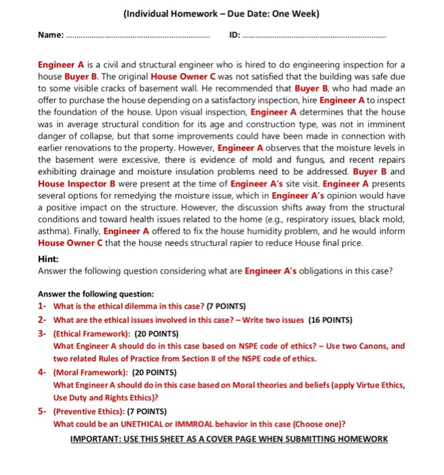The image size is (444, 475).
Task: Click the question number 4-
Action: [x=42, y=373]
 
